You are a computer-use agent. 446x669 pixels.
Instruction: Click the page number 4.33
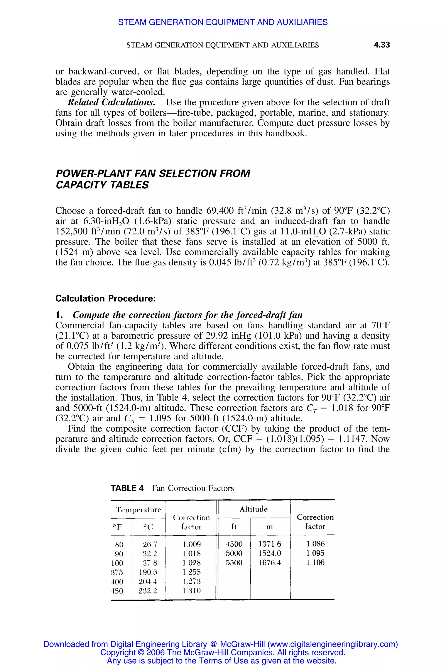[382, 45]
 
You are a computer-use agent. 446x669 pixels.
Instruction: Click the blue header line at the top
[223, 22]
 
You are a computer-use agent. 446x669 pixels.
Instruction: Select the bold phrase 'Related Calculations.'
[111, 102]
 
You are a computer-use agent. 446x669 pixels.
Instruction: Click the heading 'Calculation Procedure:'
[105, 298]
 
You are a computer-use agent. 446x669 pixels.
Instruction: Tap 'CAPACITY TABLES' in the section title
[102, 185]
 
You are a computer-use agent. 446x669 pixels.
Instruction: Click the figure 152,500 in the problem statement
[71, 231]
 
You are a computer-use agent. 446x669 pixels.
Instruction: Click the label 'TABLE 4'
[127, 488]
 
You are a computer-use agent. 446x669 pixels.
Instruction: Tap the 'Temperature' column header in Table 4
[138, 509]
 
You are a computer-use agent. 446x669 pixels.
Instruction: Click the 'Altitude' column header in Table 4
[253, 509]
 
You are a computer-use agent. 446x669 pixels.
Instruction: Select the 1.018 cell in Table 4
[191, 554]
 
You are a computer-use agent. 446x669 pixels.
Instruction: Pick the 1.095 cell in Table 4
[315, 553]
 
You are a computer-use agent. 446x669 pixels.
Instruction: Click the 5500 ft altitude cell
[234, 563]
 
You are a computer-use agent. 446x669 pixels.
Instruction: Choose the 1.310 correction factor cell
[191, 591]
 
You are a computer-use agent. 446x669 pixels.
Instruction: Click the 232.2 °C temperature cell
[148, 591]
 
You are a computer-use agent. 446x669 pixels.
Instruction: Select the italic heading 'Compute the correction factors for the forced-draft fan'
[188, 315]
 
